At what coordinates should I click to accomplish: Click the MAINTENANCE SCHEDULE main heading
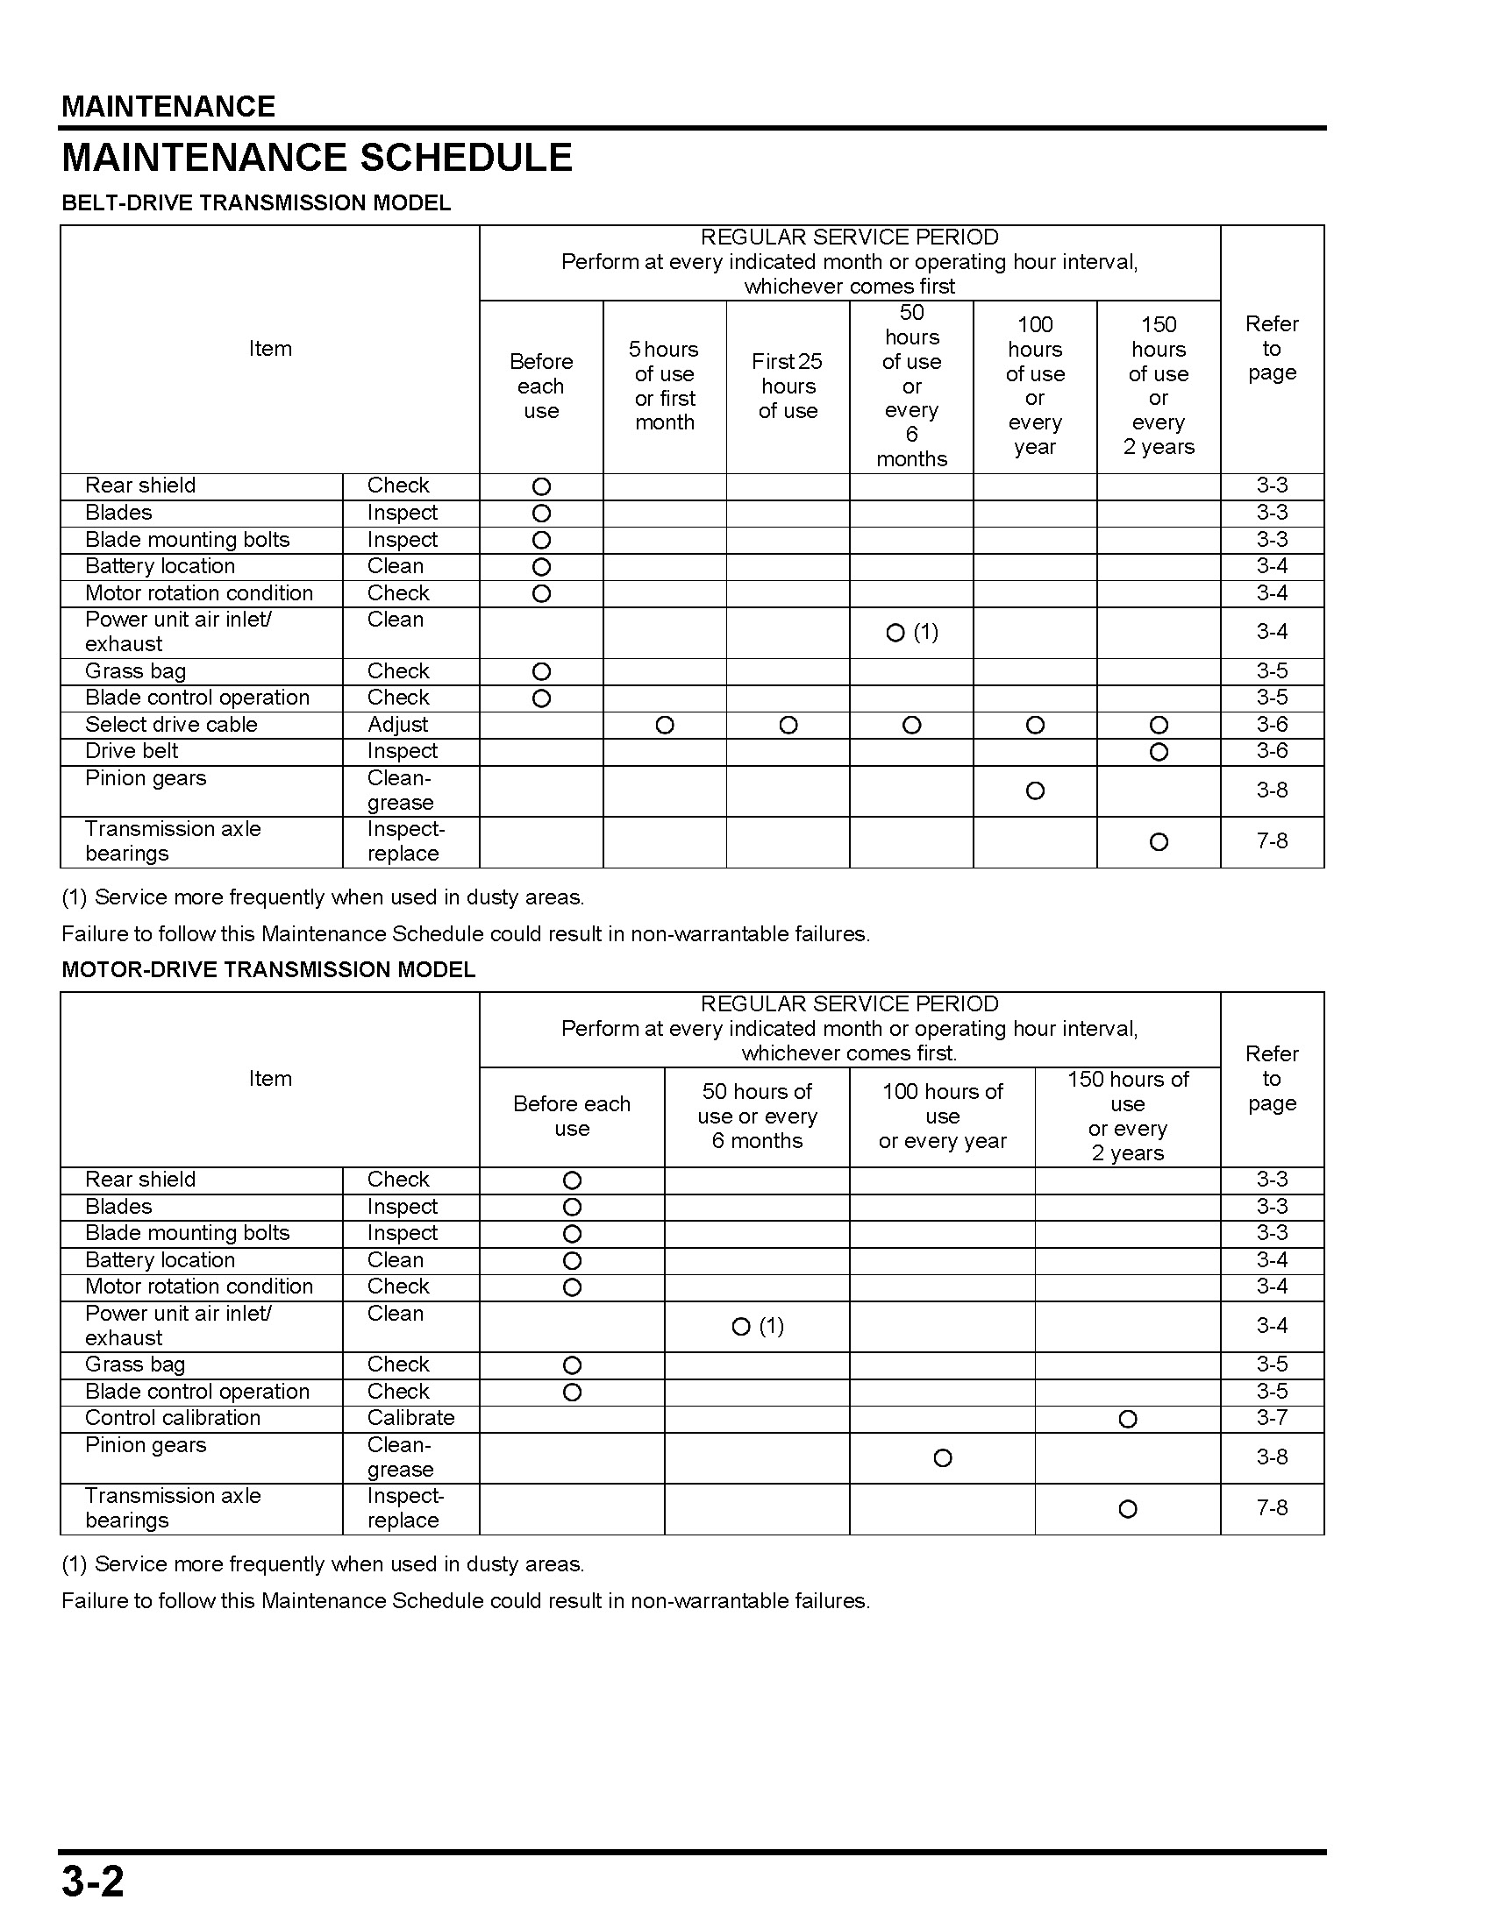(317, 158)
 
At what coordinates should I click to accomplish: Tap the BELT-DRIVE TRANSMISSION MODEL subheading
(256, 203)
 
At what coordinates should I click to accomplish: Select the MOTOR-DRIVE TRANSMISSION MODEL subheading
(268, 970)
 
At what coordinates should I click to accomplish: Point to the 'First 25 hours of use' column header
(788, 386)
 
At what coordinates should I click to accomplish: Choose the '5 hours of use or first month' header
(664, 386)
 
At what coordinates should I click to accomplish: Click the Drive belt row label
(132, 751)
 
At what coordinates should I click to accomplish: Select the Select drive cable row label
(171, 725)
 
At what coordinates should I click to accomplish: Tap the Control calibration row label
(173, 1418)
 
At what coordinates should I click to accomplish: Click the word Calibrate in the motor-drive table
(410, 1418)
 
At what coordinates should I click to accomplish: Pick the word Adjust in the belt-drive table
(397, 725)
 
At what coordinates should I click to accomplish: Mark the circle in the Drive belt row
(1159, 752)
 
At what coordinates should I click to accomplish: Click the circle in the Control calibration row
(1128, 1419)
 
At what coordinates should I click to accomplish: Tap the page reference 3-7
(1272, 1418)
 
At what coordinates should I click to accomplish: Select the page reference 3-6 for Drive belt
(1272, 751)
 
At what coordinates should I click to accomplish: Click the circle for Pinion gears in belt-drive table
(1035, 791)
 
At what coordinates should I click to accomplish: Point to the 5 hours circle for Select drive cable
(665, 726)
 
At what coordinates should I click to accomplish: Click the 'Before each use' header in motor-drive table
(572, 1116)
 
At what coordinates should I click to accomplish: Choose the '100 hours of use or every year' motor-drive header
(943, 1116)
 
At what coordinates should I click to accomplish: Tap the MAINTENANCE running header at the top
(168, 107)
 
